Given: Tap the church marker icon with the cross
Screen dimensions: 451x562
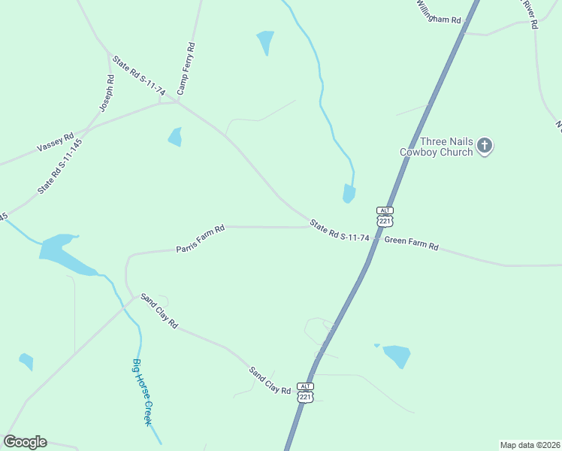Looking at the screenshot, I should click(x=485, y=145).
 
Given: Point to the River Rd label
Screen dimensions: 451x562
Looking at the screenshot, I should click(x=530, y=14).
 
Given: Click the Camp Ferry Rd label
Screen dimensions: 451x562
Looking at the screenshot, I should click(x=186, y=68).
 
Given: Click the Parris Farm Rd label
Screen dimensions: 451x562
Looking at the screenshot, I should click(x=201, y=238).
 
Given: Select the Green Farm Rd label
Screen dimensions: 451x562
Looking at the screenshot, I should click(x=411, y=243).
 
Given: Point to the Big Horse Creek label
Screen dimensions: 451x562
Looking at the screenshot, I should click(x=143, y=392).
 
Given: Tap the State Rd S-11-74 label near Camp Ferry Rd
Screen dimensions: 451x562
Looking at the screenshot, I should click(x=139, y=75).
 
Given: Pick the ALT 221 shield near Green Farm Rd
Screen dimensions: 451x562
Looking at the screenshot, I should click(x=385, y=216).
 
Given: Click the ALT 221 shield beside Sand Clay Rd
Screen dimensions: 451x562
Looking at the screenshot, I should click(x=305, y=392).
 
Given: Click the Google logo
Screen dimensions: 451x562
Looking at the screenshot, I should click(x=25, y=442).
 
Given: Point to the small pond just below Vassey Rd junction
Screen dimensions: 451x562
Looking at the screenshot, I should click(x=175, y=137).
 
